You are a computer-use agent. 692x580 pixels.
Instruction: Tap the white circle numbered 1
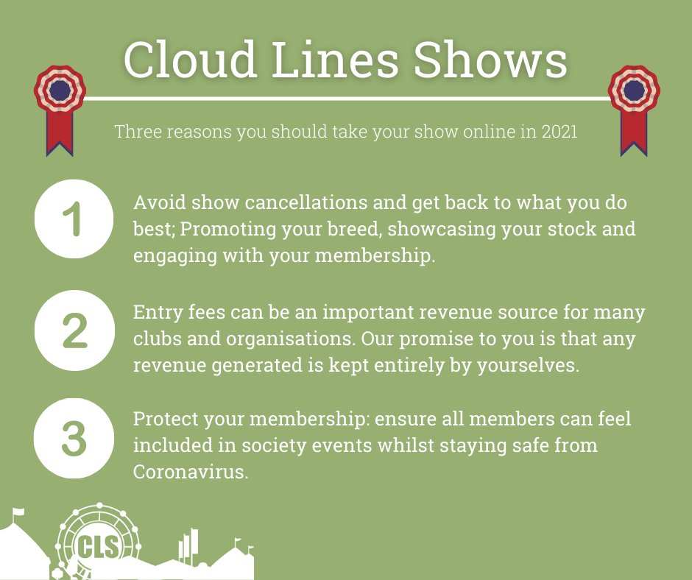click(x=74, y=219)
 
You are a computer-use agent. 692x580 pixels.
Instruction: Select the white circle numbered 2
click(x=74, y=330)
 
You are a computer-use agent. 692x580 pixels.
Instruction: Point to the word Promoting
click(x=225, y=228)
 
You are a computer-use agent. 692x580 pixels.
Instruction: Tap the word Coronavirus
click(x=189, y=472)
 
